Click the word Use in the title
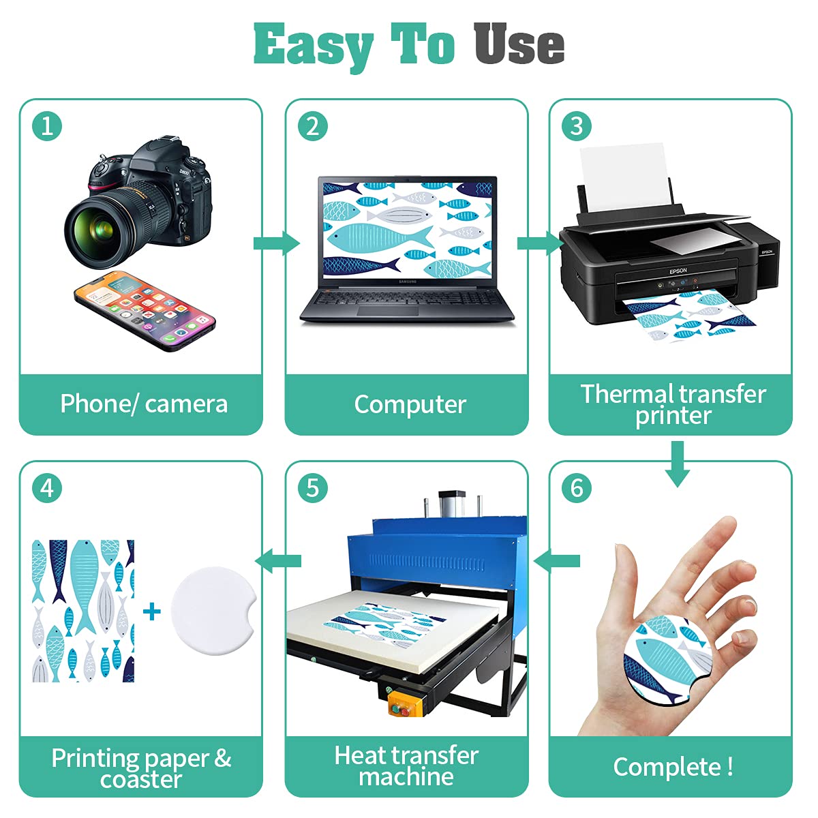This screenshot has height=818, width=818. [x=519, y=44]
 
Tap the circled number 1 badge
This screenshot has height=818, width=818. [x=47, y=126]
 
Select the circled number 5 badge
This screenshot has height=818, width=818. [x=312, y=488]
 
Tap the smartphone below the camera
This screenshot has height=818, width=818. [x=145, y=311]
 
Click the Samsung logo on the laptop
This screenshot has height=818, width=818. [x=408, y=282]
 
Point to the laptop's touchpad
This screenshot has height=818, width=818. [x=388, y=311]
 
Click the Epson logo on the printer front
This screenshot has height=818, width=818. [x=678, y=271]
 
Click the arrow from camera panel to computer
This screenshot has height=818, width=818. [x=277, y=243]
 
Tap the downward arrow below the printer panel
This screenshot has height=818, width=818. [x=677, y=464]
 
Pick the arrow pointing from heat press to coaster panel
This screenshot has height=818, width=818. [x=278, y=561]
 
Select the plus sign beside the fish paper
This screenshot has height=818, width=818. [x=152, y=611]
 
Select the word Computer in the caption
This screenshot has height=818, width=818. [x=410, y=404]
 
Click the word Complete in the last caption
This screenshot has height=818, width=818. [x=667, y=767]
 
